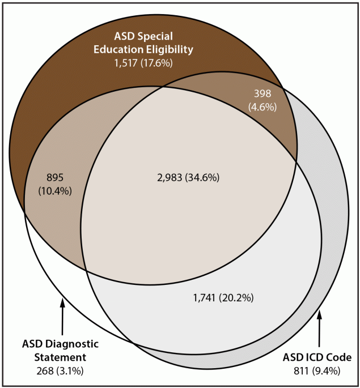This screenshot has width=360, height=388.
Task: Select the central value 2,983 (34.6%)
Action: pos(188,177)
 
